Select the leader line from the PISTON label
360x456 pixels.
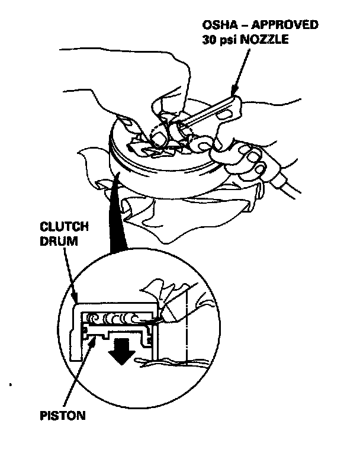80,373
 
